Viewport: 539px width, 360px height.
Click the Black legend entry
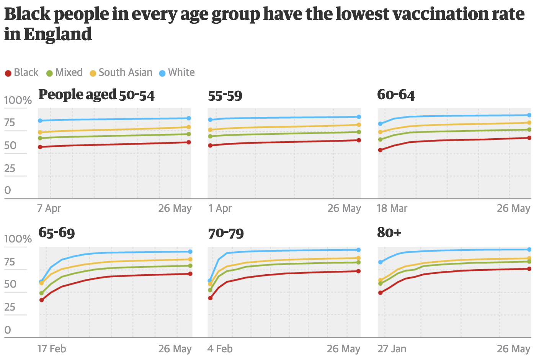tap(22, 72)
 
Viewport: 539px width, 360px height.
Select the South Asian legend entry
tap(121, 72)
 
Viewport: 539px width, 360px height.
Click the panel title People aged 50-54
tap(96, 95)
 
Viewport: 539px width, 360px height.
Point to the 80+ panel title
tap(389, 232)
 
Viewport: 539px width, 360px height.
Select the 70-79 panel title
tap(226, 233)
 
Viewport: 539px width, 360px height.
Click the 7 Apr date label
tap(49, 208)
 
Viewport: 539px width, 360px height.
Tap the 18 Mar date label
tap(392, 208)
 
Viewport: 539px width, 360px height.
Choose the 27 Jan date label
tap(392, 349)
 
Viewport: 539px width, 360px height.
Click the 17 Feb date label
tap(52, 349)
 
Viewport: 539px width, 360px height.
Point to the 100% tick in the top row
tap(18, 100)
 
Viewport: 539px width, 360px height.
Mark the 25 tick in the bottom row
tap(10, 307)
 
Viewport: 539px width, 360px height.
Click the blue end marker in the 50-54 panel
tap(188, 118)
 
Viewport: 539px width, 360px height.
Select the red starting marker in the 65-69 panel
tap(41, 300)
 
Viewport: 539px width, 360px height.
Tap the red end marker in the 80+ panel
tap(529, 269)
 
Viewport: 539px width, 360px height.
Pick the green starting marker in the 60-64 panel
tap(381, 139)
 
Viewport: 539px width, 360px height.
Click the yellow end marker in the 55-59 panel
tap(359, 125)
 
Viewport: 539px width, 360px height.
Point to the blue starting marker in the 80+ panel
tap(381, 262)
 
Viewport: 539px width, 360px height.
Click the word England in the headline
tap(57, 34)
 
